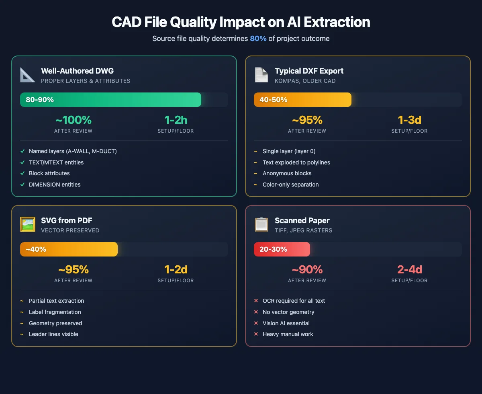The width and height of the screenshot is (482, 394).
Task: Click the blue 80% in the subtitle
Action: [x=258, y=39]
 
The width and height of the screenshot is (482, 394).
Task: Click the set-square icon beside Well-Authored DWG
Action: [x=28, y=75]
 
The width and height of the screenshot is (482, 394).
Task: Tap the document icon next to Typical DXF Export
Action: [x=261, y=75]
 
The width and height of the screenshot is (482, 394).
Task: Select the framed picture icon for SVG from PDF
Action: [x=28, y=224]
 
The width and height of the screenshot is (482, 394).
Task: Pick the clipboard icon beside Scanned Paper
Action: [x=261, y=224]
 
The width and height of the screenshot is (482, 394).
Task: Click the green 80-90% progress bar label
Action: [x=40, y=100]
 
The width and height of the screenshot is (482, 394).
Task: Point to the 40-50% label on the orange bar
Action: [x=273, y=100]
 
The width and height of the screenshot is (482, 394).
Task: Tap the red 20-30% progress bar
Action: [x=282, y=249]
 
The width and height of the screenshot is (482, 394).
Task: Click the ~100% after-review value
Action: [x=73, y=120]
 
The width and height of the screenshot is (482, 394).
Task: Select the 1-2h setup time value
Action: [x=176, y=120]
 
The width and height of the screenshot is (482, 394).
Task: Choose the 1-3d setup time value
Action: [x=409, y=120]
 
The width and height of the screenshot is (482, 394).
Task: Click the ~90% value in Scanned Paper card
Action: [x=307, y=269]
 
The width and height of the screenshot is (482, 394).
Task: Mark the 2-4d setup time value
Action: [x=409, y=269]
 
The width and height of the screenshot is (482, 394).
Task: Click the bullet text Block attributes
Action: [x=49, y=173]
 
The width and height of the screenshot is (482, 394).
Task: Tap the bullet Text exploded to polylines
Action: [x=296, y=162]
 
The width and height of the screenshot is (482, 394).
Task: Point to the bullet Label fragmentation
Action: [x=55, y=312]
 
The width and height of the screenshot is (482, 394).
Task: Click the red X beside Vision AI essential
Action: [x=256, y=323]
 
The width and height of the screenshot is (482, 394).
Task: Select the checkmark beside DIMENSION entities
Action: [x=22, y=185]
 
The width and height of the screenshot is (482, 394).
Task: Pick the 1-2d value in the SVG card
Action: [x=176, y=269]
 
